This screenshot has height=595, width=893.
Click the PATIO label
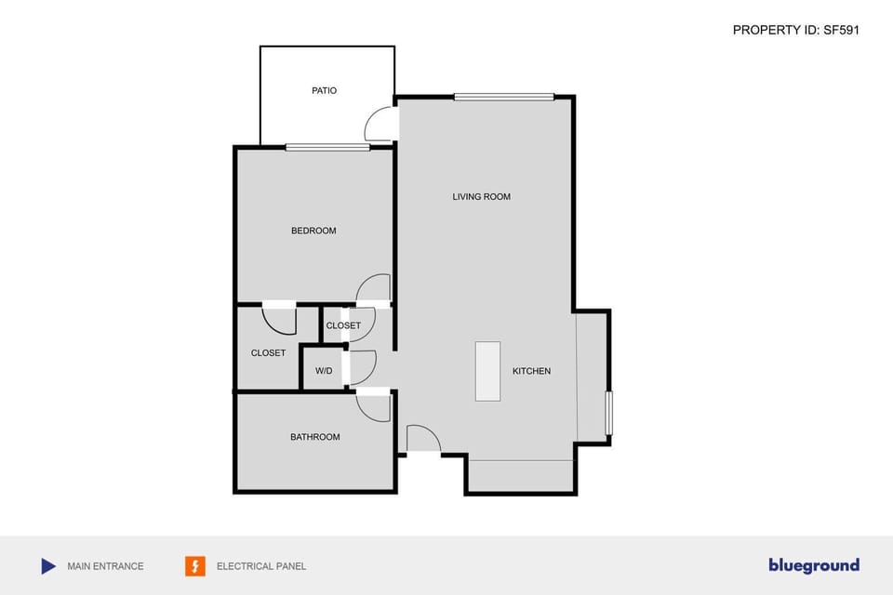pos(324,91)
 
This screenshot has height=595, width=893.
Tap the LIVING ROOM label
pos(481,197)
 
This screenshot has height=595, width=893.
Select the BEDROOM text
pos(313,231)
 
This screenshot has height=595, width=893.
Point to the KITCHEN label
pos(531,371)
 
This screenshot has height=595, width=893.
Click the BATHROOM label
pos(314,437)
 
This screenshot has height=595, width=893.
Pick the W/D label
pos(324,371)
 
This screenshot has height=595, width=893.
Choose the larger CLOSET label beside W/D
pos(268,353)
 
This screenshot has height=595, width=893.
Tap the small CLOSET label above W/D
pos(343,325)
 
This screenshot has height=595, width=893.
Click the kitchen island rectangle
pos(487,371)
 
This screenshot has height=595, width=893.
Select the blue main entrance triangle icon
pos(48,566)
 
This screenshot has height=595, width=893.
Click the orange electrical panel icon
pos(195,566)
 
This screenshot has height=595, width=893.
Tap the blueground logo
pos(813,565)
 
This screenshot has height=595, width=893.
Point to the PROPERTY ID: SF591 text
pos(795,30)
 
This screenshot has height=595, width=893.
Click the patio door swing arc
pos(380,123)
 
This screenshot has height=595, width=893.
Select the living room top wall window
pos(503,97)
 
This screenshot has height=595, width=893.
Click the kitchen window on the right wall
pos(609,413)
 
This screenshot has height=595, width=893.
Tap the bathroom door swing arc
pos(374,409)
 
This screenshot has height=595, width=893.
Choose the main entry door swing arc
pos(423,438)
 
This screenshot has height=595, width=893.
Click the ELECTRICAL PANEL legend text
pos(260,566)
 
